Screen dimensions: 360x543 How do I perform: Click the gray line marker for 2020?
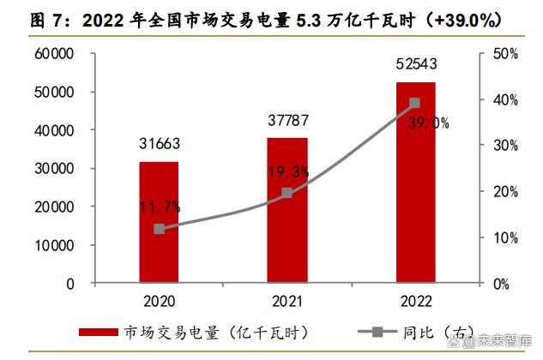(x=159, y=229)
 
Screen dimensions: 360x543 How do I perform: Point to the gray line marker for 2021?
(x=287, y=194)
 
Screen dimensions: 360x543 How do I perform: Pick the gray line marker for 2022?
(x=415, y=103)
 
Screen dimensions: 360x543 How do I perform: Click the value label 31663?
(x=159, y=143)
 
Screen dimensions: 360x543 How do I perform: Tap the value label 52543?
(x=415, y=64)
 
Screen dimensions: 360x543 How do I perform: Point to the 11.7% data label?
(x=159, y=207)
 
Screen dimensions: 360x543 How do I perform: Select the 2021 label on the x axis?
(x=287, y=301)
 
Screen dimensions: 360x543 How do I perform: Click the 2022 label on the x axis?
(x=415, y=301)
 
